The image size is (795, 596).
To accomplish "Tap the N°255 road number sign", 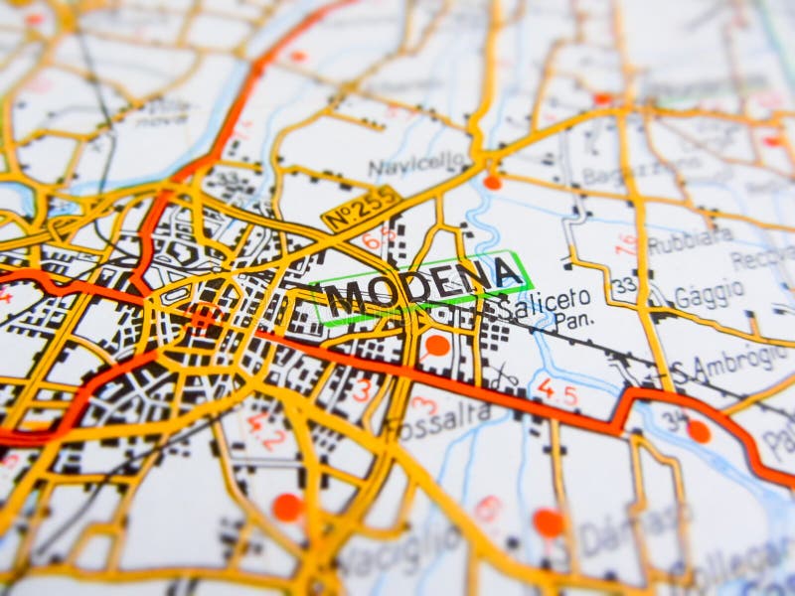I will coord(361,209).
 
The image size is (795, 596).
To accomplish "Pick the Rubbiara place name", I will coord(690,239).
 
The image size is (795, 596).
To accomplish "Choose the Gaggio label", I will coord(710,294).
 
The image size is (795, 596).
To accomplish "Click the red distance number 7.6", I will coord(625,244).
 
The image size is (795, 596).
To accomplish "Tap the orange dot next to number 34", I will coord(699,431).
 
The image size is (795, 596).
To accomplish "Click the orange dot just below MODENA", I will coord(437,346).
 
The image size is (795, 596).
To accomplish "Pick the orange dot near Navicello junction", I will coord(492,182).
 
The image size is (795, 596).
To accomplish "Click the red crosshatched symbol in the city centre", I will coord(202,317).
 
